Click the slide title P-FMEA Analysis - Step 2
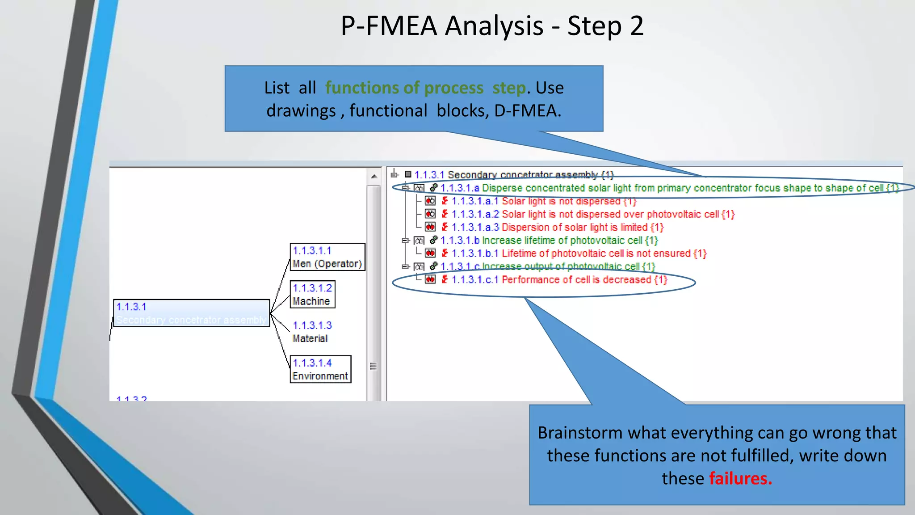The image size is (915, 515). tap(492, 26)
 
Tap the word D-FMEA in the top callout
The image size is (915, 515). tap(527, 111)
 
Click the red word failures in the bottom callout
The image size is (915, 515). tap(740, 478)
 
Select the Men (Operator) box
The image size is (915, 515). tap(327, 257)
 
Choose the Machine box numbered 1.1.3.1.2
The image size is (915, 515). tap(312, 295)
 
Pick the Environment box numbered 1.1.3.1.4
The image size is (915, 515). tap(320, 369)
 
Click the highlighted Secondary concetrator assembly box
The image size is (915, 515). tap(191, 313)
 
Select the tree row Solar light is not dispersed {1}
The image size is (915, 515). tap(543, 201)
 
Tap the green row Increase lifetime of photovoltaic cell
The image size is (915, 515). tap(549, 241)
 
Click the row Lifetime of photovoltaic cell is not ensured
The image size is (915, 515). tap(579, 253)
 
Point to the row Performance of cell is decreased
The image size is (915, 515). tap(559, 280)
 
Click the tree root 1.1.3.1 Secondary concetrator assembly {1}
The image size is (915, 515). tap(514, 175)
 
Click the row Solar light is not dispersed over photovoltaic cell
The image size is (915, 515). tap(592, 214)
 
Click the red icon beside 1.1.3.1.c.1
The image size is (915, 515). tap(430, 280)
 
